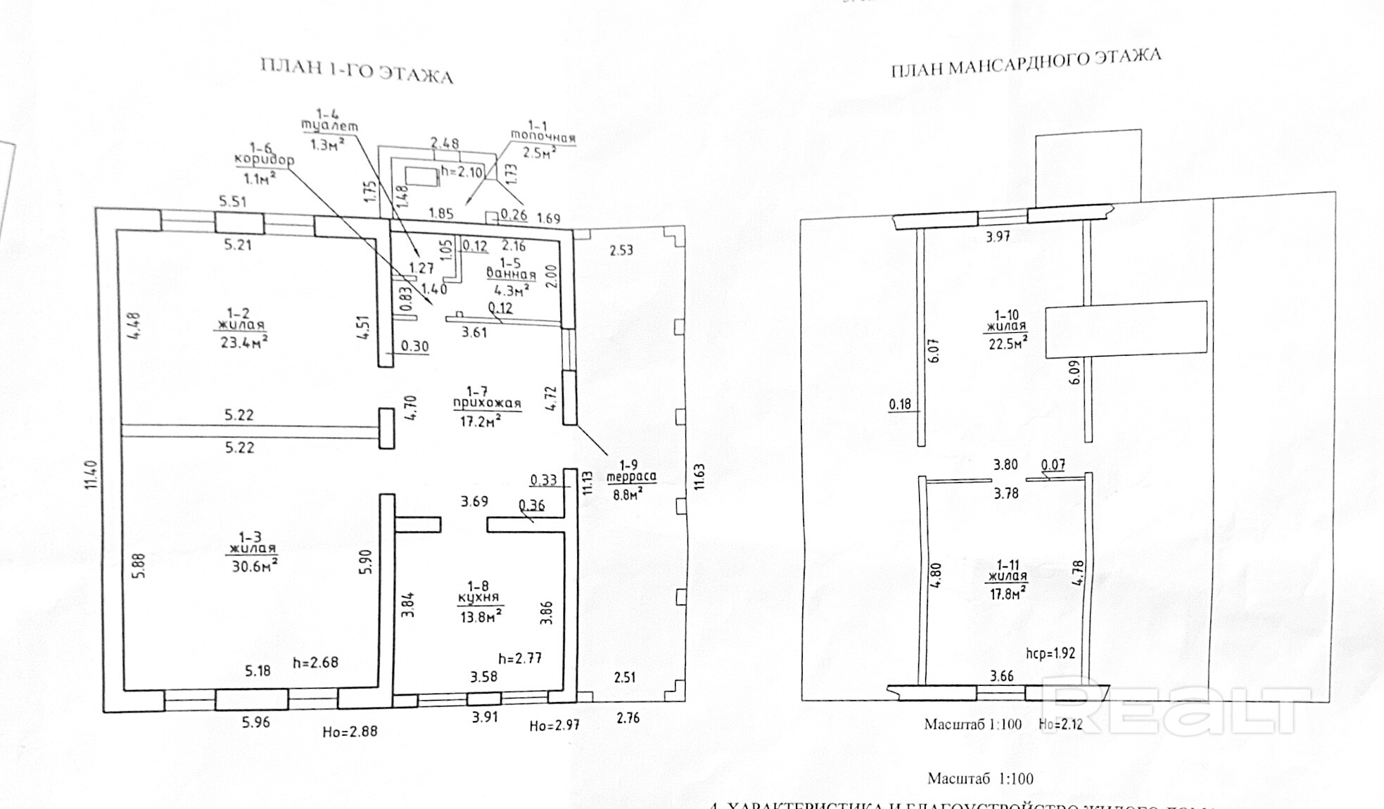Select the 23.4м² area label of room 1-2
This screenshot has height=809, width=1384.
[x=243, y=342]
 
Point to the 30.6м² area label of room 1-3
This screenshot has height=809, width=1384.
[x=255, y=565]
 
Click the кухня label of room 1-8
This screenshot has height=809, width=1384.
[x=478, y=598]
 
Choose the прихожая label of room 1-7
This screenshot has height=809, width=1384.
[x=487, y=404]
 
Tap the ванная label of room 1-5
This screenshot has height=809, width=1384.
[x=511, y=275]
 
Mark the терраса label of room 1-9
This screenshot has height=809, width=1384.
[x=631, y=476]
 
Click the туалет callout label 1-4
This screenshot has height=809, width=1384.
[x=329, y=126]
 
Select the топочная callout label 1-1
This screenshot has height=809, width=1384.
[x=542, y=136]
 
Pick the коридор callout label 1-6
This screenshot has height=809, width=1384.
[x=263, y=160]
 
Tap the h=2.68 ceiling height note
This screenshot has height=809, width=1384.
[x=315, y=663]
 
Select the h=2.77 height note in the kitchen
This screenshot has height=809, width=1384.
[x=520, y=658]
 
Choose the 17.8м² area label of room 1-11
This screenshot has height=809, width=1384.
[x=1007, y=593]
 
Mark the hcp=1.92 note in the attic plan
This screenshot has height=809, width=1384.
[x=1050, y=653]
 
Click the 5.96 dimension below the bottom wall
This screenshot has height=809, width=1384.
[x=255, y=722]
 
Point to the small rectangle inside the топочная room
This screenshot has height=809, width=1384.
[x=422, y=177]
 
